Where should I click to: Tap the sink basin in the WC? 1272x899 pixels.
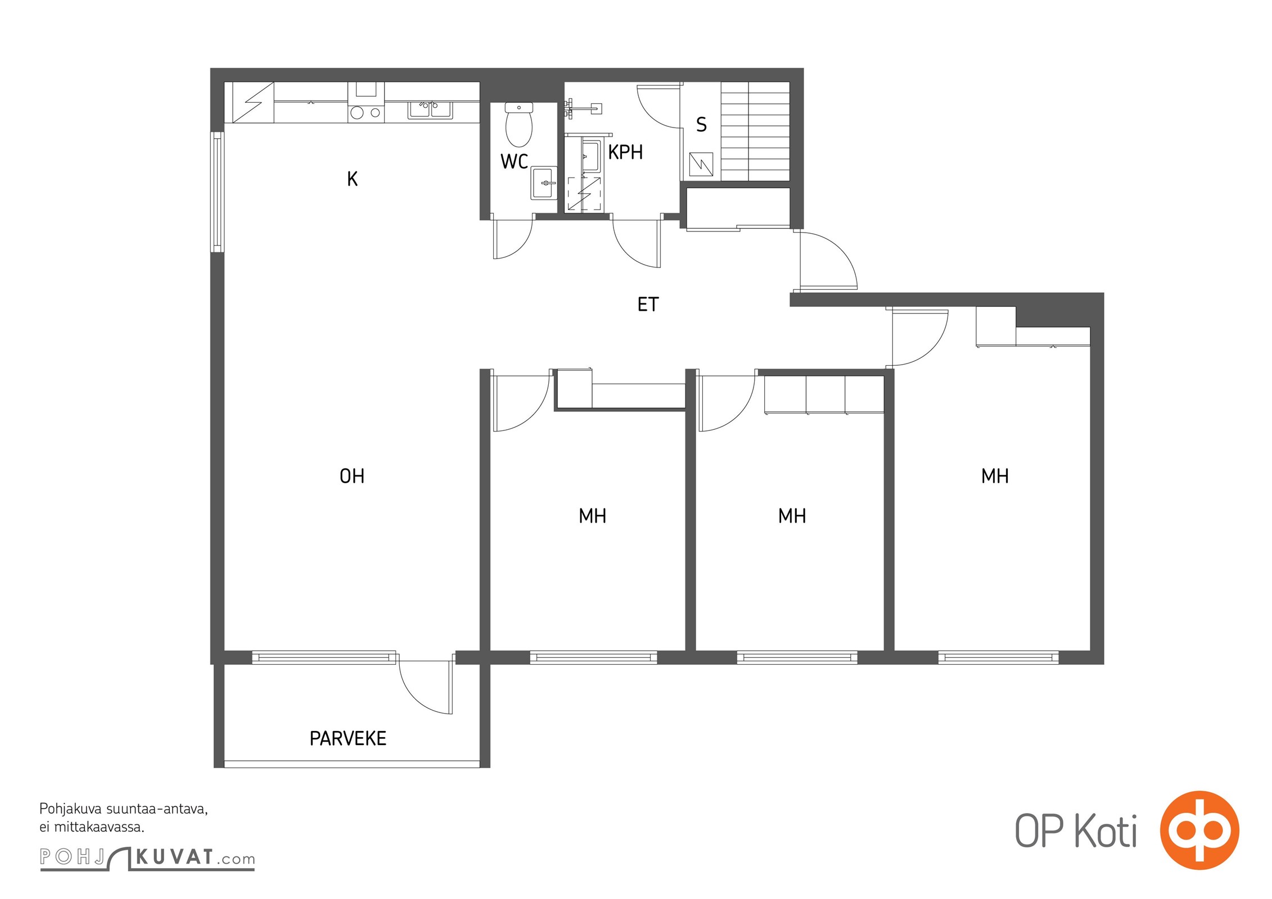pos(544,183)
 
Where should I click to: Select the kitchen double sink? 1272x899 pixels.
pos(430,110)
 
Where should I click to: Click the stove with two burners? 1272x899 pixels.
pos(366,113)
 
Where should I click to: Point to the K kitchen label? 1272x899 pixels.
pos(352,179)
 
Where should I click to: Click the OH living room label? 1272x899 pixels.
pos(352,476)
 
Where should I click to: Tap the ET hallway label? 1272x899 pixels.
pos(648,304)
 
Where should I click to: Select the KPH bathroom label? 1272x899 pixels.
pos(625,152)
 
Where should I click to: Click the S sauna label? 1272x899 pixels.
pos(701,124)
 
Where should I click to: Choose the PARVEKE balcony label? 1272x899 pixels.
pos(348,738)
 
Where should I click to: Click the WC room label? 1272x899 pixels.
pos(514,161)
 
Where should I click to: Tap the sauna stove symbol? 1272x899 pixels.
pos(701,164)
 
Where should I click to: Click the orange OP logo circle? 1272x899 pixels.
pos(1199,830)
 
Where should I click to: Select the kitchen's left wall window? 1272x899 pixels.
pos(218,192)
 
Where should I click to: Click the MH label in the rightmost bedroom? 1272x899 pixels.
pos(995,476)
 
